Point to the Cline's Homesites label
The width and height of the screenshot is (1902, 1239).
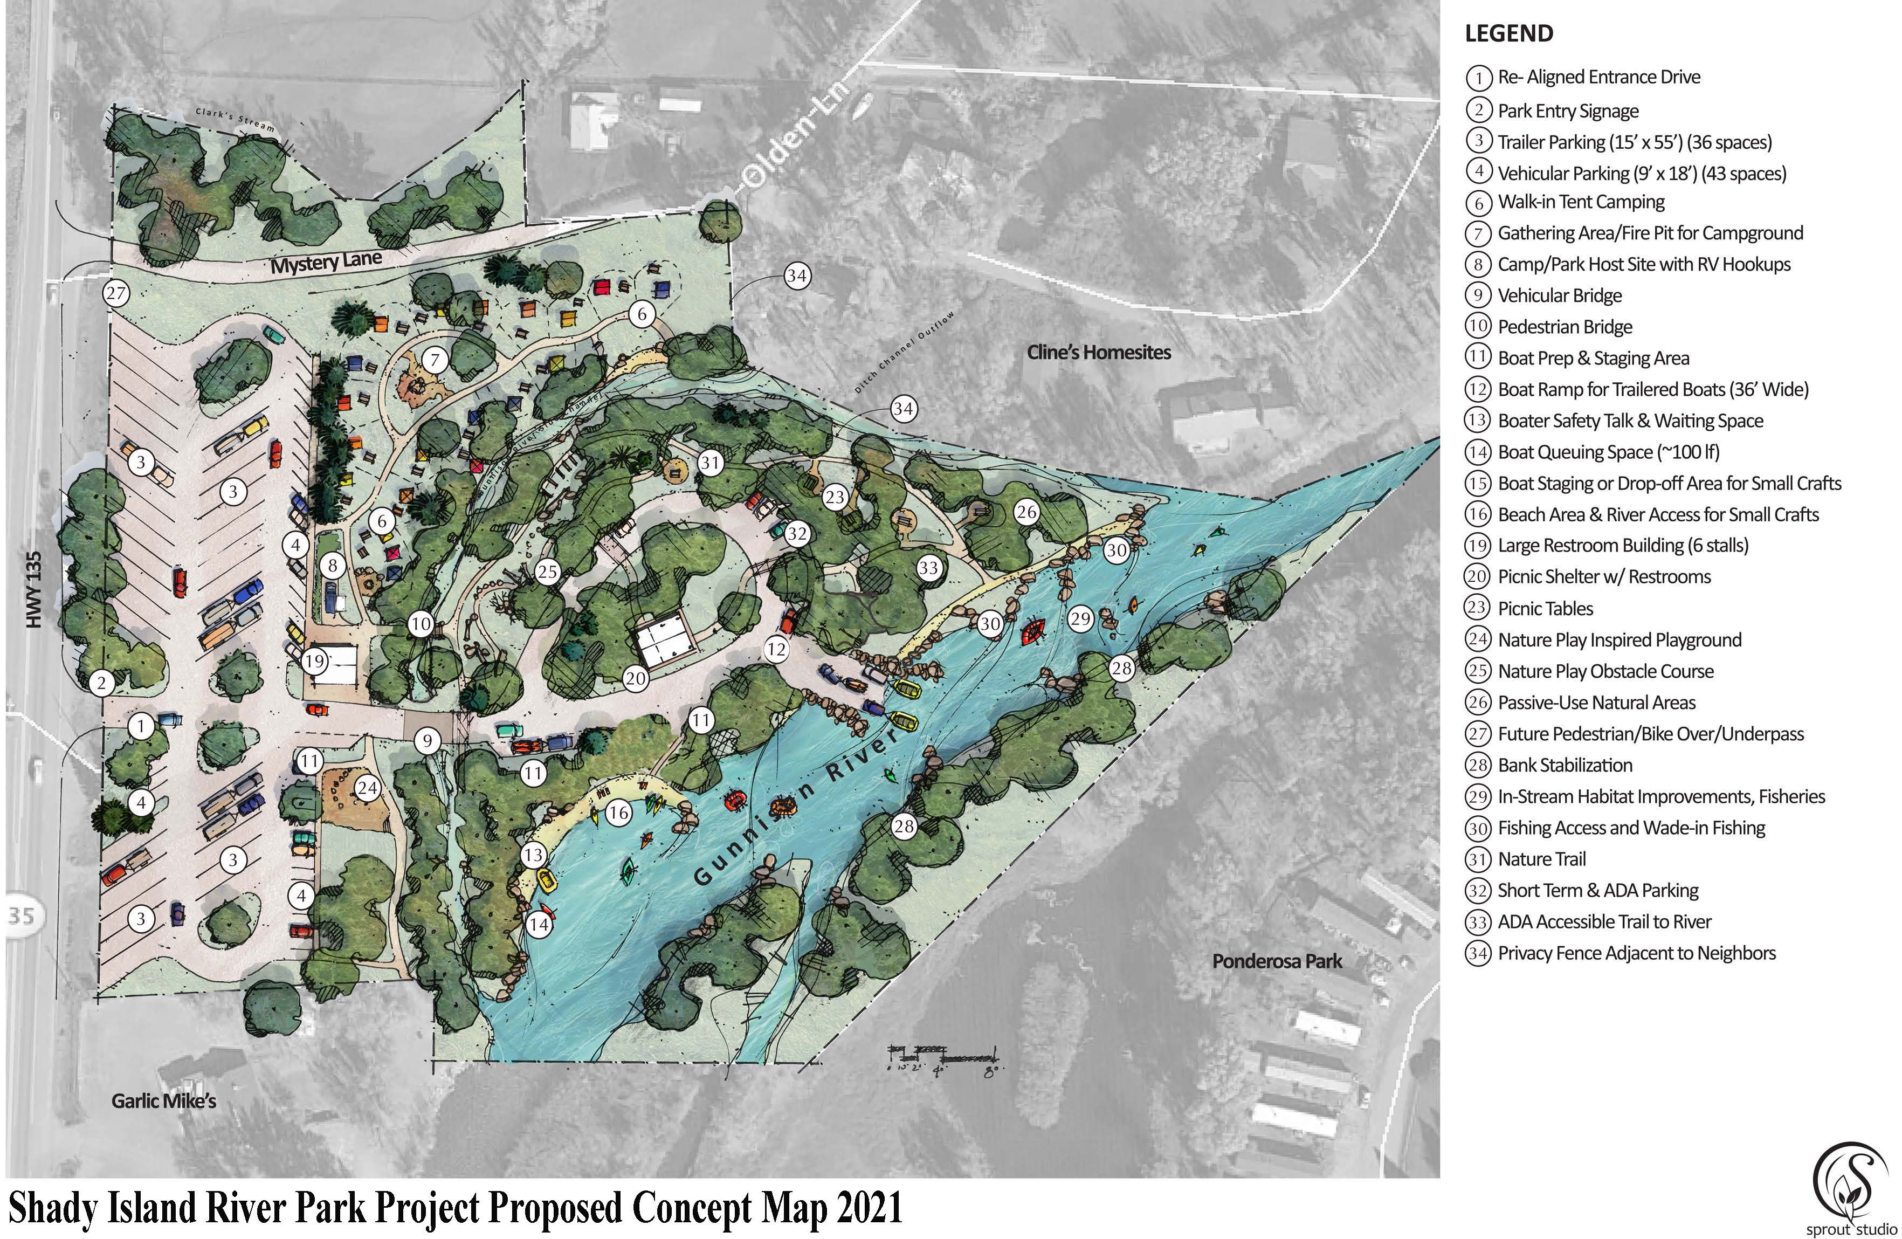(x=1099, y=353)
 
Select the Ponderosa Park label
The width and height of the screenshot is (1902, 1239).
(x=1277, y=961)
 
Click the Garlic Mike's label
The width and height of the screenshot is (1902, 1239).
(x=164, y=1102)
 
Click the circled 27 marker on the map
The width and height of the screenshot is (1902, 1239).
(x=116, y=293)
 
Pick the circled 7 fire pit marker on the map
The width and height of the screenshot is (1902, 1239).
(x=435, y=360)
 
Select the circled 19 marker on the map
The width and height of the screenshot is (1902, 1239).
(x=314, y=661)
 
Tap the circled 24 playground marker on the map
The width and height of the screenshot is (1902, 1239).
(x=367, y=789)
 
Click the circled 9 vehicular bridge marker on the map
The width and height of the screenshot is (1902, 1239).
(x=428, y=741)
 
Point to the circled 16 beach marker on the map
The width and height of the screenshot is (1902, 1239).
(x=618, y=814)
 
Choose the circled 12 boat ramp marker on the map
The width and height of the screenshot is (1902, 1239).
(x=776, y=649)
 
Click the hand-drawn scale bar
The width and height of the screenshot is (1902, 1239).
(x=943, y=1060)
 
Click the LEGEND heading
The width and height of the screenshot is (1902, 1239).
(x=1509, y=33)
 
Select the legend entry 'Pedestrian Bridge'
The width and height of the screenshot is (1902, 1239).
(x=1564, y=327)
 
